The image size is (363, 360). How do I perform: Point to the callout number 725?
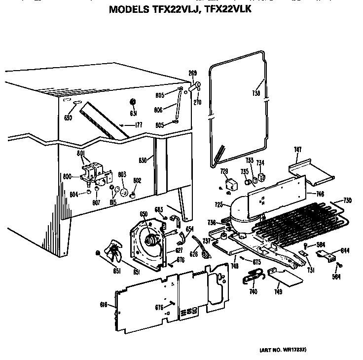(218, 204)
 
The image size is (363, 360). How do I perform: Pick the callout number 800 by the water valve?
(68, 175)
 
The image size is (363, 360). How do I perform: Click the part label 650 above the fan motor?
(144, 213)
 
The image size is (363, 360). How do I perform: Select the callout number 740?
(253, 292)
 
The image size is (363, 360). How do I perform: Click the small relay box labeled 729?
(229, 185)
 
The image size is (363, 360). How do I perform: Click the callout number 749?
(279, 291)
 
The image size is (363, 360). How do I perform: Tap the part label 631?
(132, 114)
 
